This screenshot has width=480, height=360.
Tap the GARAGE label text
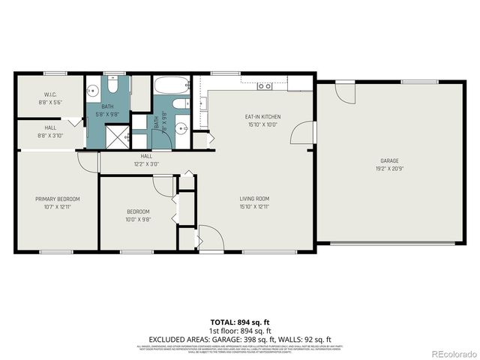click(389, 160)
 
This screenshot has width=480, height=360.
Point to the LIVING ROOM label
click(253, 199)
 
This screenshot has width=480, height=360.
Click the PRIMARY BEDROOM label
click(58, 199)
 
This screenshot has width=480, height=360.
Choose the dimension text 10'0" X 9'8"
click(138, 220)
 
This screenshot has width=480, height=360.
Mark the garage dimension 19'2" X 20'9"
click(389, 169)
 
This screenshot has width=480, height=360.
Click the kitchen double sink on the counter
click(264, 86)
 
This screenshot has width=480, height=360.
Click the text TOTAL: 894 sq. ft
click(240, 321)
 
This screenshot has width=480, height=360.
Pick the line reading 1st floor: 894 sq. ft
click(240, 330)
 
